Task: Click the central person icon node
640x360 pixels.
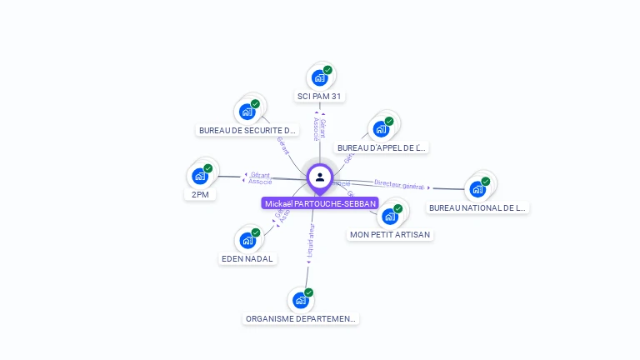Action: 320,177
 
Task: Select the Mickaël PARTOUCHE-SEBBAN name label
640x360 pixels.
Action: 320,203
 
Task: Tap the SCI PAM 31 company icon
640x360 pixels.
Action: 319,77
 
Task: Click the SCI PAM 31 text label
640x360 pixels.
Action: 319,97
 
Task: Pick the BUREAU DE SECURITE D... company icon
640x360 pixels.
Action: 247,111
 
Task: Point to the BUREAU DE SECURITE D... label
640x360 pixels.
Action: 247,131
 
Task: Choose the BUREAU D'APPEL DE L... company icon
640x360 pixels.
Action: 381,128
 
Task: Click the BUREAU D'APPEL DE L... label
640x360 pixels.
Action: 382,148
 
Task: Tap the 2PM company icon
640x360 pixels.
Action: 199,175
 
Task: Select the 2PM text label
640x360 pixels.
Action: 199,195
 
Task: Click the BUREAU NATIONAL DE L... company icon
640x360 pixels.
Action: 477,188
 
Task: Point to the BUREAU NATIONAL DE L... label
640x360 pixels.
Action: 477,208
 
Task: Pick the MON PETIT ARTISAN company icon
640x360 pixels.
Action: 389,216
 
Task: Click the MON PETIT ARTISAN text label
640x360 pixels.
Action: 390,235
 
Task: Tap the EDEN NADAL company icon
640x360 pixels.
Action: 247,240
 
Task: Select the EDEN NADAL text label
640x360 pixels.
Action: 247,259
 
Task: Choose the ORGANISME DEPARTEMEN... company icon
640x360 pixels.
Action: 300,300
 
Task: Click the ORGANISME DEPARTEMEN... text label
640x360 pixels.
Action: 301,319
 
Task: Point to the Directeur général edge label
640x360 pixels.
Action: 399,185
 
